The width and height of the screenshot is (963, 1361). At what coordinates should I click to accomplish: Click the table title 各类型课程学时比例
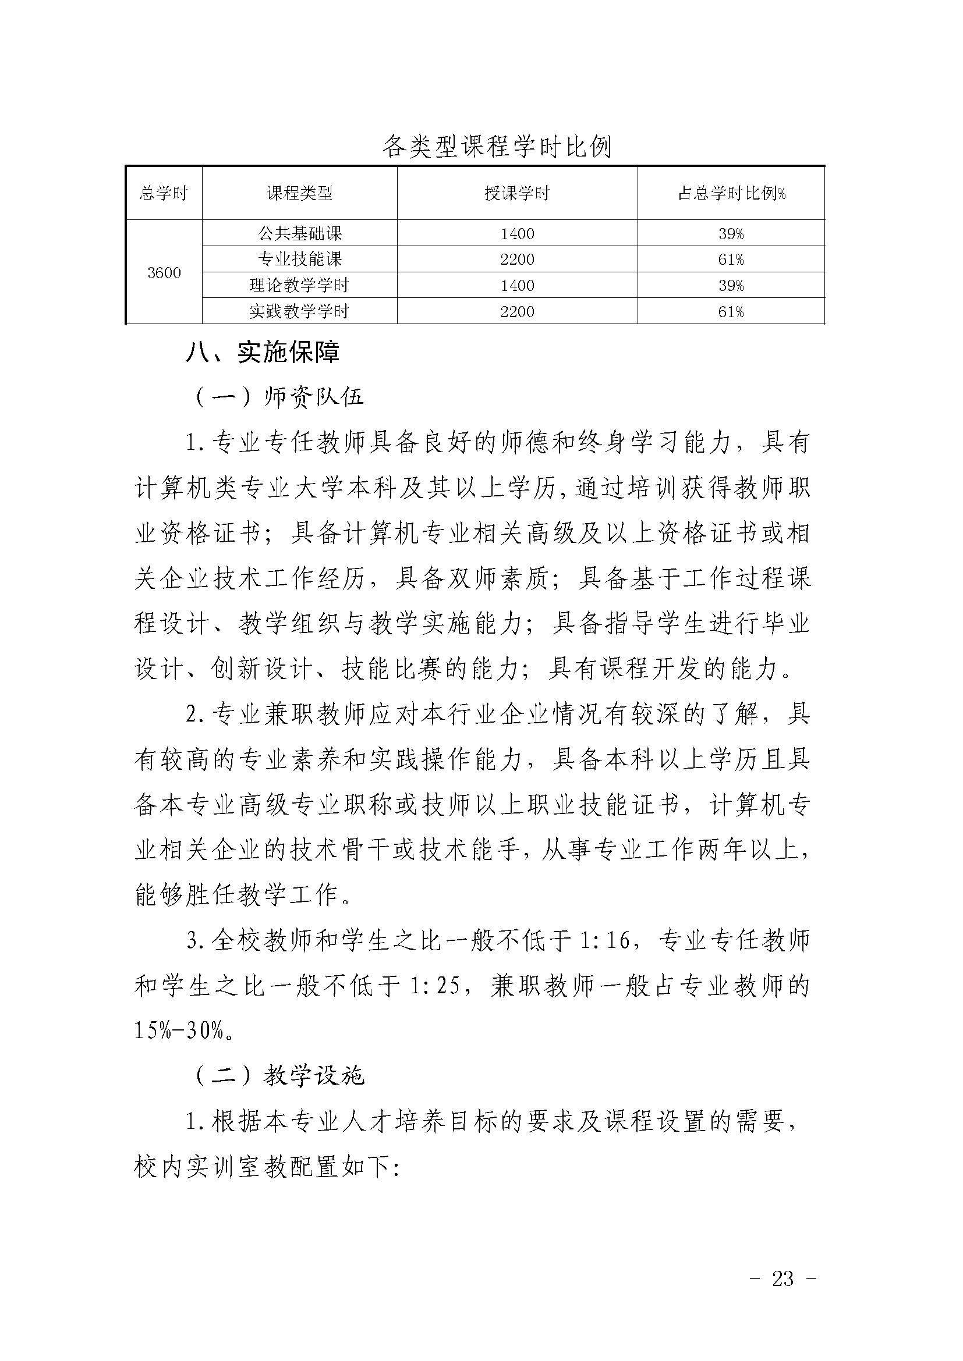pyautogui.click(x=496, y=146)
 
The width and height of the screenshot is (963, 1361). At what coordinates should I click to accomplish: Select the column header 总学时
pyautogui.click(x=164, y=193)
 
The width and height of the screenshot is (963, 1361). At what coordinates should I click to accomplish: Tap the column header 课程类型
pyautogui.click(x=299, y=193)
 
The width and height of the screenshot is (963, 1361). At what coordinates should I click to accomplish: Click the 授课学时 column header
pyautogui.click(x=517, y=193)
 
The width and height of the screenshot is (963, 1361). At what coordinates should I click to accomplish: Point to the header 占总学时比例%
pyautogui.click(x=731, y=193)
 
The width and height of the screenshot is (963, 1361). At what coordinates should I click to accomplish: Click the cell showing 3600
pyautogui.click(x=164, y=273)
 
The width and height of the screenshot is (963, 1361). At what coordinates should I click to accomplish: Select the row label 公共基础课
pyautogui.click(x=299, y=233)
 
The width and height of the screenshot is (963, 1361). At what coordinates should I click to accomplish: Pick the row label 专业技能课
pyautogui.click(x=299, y=260)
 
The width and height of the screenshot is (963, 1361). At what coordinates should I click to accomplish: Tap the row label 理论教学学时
pyautogui.click(x=299, y=286)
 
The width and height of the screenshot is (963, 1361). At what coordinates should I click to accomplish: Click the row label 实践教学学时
pyautogui.click(x=299, y=312)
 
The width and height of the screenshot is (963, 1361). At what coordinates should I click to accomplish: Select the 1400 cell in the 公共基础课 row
pyautogui.click(x=517, y=233)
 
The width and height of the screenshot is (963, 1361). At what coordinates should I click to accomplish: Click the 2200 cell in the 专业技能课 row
pyautogui.click(x=517, y=260)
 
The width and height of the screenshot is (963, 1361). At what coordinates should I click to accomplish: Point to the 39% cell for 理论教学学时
pyautogui.click(x=731, y=286)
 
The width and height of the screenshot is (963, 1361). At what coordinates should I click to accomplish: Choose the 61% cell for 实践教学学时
pyautogui.click(x=731, y=312)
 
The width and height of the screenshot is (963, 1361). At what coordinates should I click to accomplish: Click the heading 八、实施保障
pyautogui.click(x=262, y=353)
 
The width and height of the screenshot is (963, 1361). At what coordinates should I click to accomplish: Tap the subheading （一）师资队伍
pyautogui.click(x=279, y=397)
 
